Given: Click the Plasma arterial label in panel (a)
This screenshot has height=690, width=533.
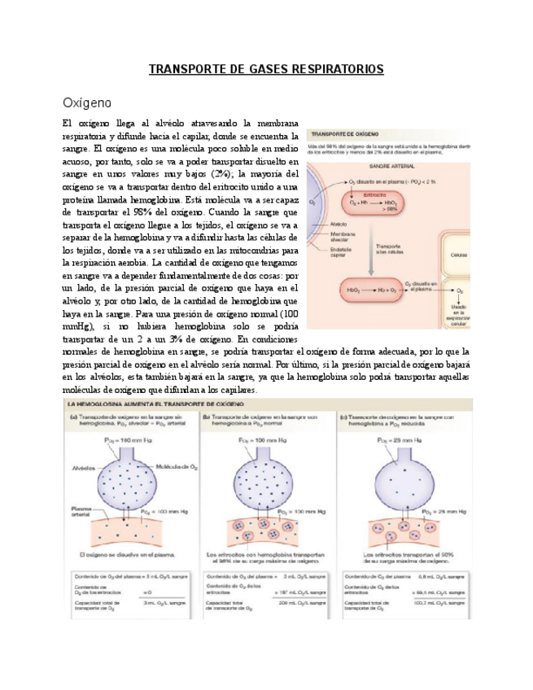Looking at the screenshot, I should click(81, 511).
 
